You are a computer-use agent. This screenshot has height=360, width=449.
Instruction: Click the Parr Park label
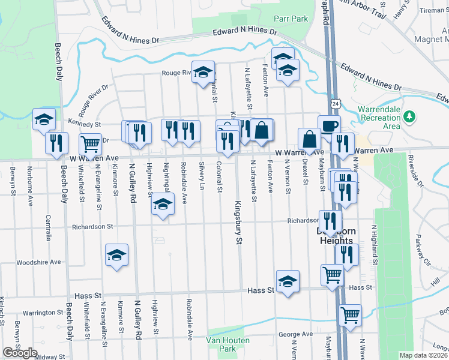291,19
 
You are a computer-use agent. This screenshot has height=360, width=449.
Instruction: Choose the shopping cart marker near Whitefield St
90,144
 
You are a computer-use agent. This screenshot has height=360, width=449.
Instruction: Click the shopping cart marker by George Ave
351,314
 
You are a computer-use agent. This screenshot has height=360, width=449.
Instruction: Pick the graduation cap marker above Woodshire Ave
117,256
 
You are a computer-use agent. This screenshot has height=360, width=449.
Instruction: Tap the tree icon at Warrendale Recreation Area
411,116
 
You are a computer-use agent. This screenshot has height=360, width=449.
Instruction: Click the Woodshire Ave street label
39,262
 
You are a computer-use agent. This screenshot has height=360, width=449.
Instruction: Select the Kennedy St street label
84,124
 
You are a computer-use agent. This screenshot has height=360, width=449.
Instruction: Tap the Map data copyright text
424,355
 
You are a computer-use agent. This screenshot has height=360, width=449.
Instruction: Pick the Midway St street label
50,357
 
